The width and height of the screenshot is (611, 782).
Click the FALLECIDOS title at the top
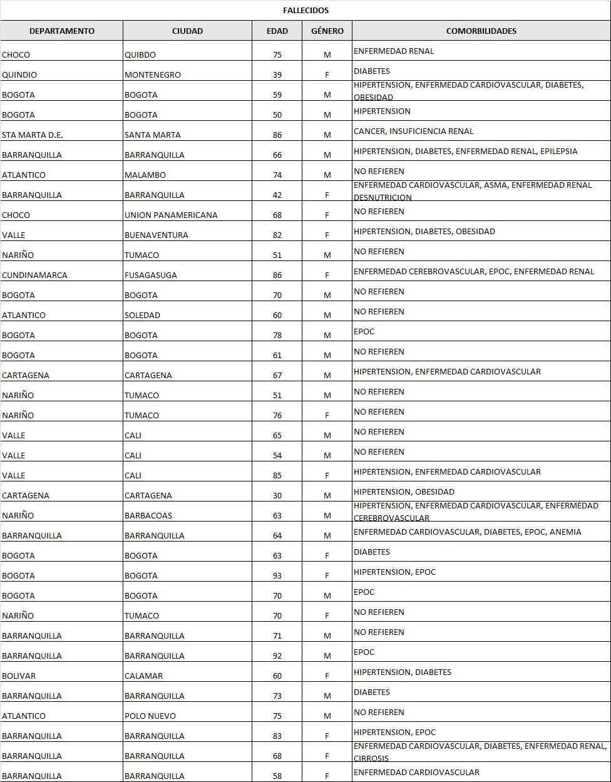(x=305, y=11)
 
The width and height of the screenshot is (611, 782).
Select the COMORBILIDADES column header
(x=481, y=31)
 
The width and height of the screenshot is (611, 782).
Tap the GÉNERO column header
(x=327, y=31)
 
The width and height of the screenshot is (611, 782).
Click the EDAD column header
(x=277, y=31)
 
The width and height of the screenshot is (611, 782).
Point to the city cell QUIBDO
(x=140, y=55)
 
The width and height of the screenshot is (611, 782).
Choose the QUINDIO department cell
(x=19, y=75)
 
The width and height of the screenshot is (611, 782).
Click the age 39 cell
(x=277, y=75)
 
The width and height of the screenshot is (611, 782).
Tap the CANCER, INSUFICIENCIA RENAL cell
(x=413, y=131)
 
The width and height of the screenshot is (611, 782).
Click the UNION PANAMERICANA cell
(x=171, y=215)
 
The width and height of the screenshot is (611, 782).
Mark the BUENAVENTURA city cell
(x=157, y=235)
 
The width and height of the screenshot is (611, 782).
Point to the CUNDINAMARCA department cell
(x=34, y=275)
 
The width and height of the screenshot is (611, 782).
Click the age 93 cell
(x=277, y=576)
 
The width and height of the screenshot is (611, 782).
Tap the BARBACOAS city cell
(x=148, y=516)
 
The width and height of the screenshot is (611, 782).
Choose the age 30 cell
(x=277, y=496)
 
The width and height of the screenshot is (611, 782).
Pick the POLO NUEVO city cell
(x=150, y=716)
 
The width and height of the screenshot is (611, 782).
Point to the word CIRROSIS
(x=371, y=759)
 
